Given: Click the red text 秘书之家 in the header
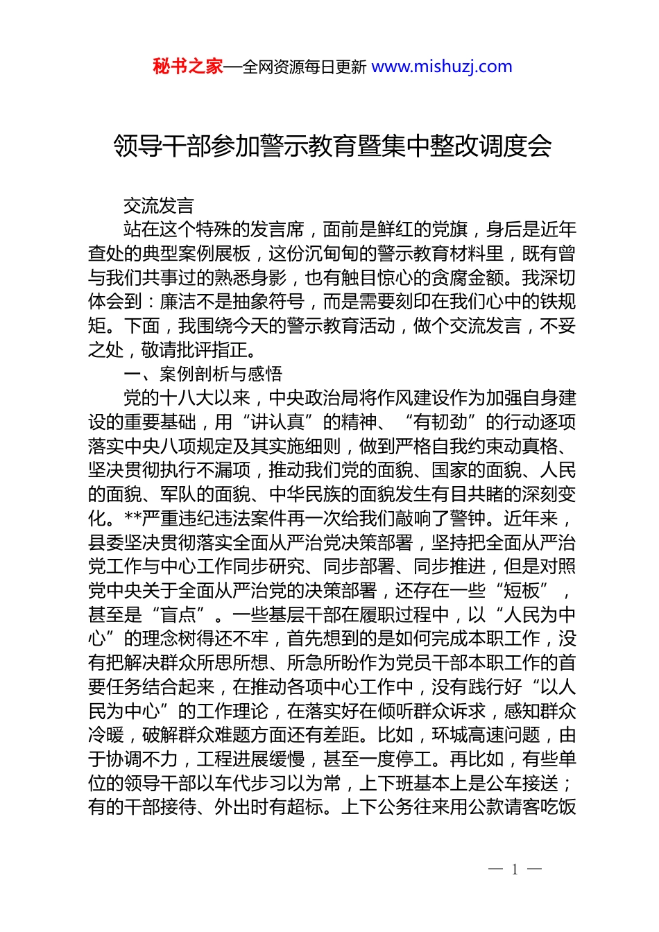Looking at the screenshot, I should [x=188, y=67].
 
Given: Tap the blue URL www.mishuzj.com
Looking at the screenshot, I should [x=442, y=67].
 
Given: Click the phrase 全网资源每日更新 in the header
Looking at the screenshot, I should [x=305, y=67].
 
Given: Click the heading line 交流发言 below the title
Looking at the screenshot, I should [x=159, y=206].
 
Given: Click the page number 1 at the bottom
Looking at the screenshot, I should [x=515, y=870].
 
